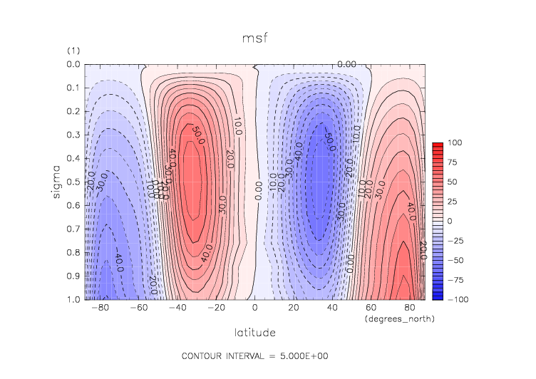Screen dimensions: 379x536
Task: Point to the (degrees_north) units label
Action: (x=399, y=319)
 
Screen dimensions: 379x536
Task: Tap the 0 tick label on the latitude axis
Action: (x=255, y=308)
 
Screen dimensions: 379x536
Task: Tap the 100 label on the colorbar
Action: (x=454, y=143)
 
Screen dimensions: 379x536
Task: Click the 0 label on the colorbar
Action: (x=449, y=221)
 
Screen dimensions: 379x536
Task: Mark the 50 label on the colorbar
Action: (x=452, y=182)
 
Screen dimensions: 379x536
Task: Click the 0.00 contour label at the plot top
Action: (x=346, y=65)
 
